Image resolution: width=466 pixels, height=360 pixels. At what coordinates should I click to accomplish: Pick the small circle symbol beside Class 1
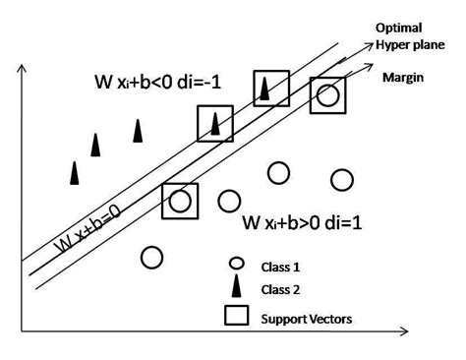click(x=236, y=263)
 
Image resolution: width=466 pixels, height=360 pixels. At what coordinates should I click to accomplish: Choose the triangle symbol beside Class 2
click(x=236, y=286)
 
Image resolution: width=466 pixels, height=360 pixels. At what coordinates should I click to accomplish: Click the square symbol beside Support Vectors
click(x=236, y=316)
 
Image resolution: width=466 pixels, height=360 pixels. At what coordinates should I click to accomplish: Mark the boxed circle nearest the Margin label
click(x=328, y=96)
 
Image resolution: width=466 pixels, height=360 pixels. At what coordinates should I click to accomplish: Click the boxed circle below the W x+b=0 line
click(x=179, y=201)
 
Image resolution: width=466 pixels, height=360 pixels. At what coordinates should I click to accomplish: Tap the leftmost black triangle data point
click(x=74, y=172)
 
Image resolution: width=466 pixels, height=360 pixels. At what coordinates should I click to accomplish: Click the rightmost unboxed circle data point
click(x=342, y=179)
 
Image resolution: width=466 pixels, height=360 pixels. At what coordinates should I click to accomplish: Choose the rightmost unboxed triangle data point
click(x=138, y=131)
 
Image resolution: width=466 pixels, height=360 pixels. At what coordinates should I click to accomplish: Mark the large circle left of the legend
click(x=150, y=257)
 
